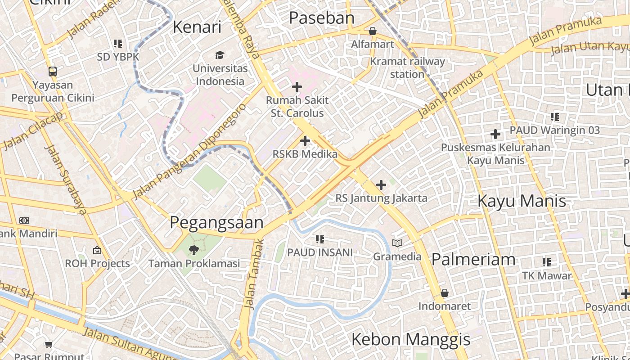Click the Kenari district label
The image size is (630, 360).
coord(197,27)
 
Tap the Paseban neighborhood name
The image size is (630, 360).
coord(321,18)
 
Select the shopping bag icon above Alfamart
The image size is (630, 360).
coord(372,31)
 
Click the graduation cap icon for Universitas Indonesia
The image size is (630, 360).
coord(220,55)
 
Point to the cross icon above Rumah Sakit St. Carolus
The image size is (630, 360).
coord(297,86)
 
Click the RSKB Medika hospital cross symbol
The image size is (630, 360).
coord(305,141)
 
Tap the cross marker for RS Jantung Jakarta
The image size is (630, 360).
coord(381,184)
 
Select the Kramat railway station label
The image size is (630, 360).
coord(407,67)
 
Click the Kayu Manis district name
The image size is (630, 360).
coord(522,201)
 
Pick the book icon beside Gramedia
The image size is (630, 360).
coord(397,243)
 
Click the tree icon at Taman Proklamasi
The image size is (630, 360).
coord(194,250)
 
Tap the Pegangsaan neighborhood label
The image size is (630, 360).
coord(216,223)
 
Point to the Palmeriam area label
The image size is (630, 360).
coord(473,259)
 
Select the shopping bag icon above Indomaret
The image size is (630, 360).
coord(445,293)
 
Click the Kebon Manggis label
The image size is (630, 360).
coord(410,339)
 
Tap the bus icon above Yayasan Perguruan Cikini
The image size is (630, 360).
coord(53,71)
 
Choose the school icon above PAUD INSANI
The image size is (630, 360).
coord(320,239)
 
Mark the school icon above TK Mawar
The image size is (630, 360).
coord(547,262)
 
